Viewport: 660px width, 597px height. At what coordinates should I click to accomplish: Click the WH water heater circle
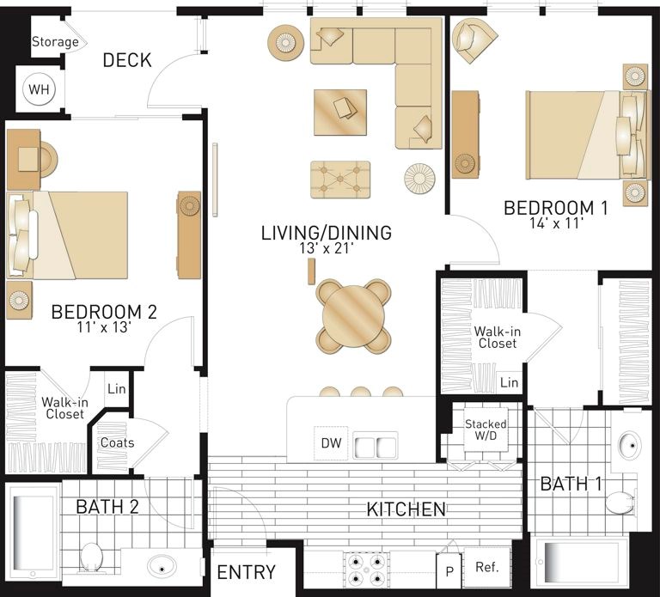click(x=40, y=89)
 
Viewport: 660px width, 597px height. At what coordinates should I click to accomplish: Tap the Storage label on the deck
click(x=55, y=41)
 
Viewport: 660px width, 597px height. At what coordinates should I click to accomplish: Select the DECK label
click(x=127, y=60)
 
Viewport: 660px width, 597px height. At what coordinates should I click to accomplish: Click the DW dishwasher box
click(x=331, y=443)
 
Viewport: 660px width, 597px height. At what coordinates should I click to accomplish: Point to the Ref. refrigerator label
click(x=487, y=567)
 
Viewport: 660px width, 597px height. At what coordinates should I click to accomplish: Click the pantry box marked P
click(x=449, y=571)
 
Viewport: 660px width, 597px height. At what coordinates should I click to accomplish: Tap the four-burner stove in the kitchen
click(x=366, y=570)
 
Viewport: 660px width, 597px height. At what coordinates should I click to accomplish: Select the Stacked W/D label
click(x=486, y=429)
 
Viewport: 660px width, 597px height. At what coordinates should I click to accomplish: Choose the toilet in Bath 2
click(x=91, y=557)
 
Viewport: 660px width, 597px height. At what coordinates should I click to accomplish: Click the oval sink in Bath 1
click(x=630, y=445)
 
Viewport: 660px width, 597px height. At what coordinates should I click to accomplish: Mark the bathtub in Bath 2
click(x=33, y=533)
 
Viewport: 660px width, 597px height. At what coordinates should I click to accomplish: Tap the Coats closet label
click(x=118, y=442)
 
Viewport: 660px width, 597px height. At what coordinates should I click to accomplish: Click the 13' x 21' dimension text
click(x=326, y=248)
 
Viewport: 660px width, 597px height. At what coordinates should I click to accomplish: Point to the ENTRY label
click(x=247, y=572)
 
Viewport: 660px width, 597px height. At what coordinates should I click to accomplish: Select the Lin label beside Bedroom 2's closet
click(x=117, y=389)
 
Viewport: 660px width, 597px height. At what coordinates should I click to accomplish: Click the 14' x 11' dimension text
click(x=557, y=222)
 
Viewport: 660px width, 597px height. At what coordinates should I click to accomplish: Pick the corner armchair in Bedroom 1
click(x=474, y=40)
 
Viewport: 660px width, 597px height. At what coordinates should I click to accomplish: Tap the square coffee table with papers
click(x=340, y=113)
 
